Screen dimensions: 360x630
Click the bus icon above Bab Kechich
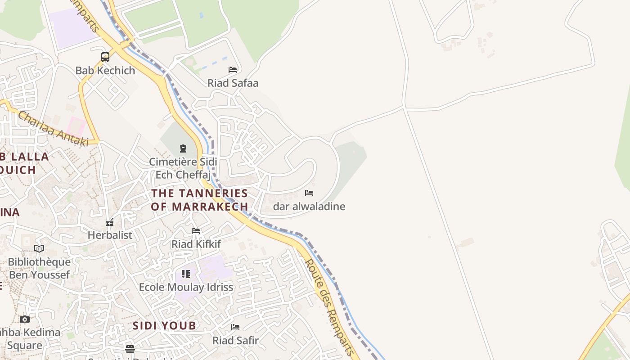[105, 57]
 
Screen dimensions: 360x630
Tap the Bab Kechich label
[105, 71]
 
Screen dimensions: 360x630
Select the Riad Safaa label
[233, 83]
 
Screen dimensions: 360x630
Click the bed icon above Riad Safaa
[233, 70]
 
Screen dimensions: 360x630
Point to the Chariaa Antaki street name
[53, 129]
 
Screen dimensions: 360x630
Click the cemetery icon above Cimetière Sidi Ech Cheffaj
[183, 148]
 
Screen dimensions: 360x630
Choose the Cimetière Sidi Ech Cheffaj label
[183, 168]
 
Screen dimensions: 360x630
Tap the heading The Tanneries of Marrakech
[199, 200]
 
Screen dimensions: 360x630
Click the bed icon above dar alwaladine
[309, 193]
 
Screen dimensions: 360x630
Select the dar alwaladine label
[309, 207]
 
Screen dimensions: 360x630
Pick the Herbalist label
[110, 235]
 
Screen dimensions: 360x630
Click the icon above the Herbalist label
[110, 222]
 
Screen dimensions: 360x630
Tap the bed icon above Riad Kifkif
[196, 231]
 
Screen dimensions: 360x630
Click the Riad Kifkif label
[196, 244]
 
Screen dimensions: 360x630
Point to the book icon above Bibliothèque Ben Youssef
[39, 248]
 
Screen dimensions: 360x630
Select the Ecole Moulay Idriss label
[186, 287]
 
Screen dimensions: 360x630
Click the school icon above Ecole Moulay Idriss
[186, 274]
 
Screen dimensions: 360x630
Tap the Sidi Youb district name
[164, 326]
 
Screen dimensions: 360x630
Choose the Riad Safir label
[235, 341]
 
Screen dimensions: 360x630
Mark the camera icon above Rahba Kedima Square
[25, 319]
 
